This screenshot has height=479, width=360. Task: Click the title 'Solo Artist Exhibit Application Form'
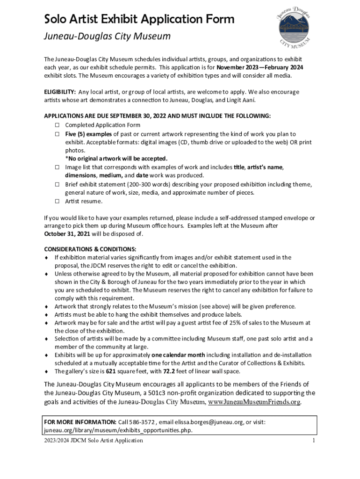(x=139, y=19)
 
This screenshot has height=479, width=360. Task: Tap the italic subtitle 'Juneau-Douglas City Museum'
(x=107, y=36)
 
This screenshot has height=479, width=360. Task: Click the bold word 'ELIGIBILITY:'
(x=60, y=92)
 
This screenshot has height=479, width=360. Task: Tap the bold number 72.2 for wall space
(x=169, y=371)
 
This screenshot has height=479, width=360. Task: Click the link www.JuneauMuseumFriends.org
(x=254, y=402)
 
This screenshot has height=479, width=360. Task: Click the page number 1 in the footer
(x=314, y=440)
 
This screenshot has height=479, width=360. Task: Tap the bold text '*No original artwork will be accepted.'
(x=116, y=159)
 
